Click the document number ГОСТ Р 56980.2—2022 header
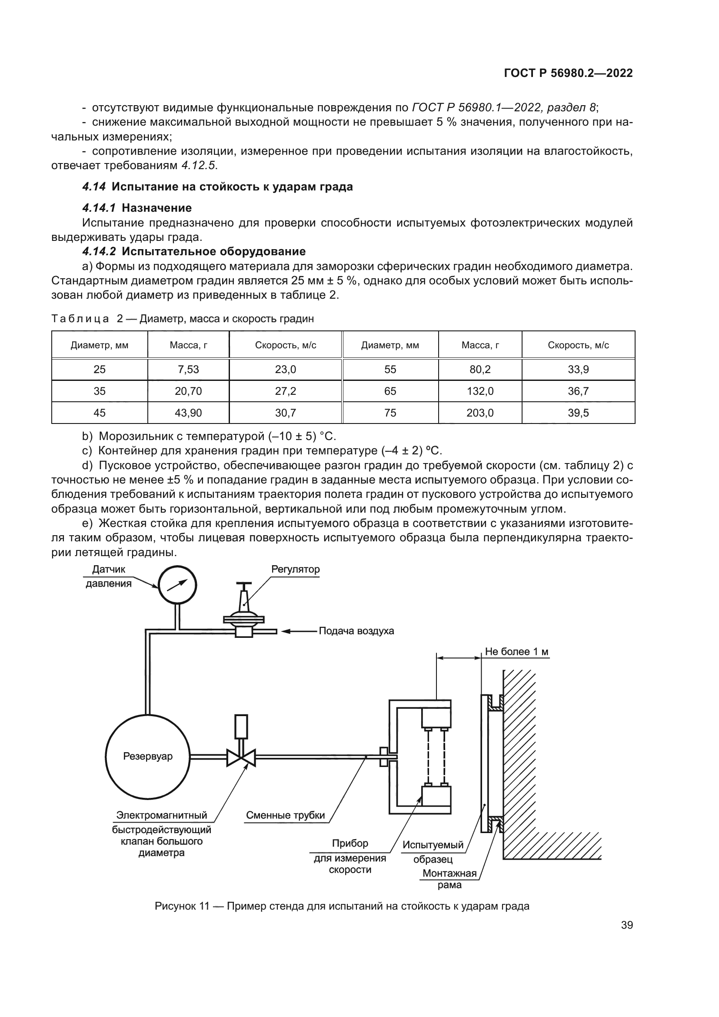click(x=568, y=73)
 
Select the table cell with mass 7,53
click(x=188, y=370)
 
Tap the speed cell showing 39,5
click(x=578, y=413)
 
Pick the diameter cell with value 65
click(x=390, y=391)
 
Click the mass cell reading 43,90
click(x=188, y=413)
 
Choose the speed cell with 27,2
click(x=285, y=391)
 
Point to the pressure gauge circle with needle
click(x=177, y=585)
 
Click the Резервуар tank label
click(x=148, y=756)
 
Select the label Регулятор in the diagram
click(x=295, y=569)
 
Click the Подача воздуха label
click(x=356, y=631)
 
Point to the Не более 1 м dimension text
click(x=516, y=651)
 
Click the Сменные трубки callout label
click(x=285, y=815)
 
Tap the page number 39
click(x=626, y=925)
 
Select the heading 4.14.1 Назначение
click(x=137, y=208)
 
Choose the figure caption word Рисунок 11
click(x=182, y=906)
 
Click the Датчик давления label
click(x=109, y=576)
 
